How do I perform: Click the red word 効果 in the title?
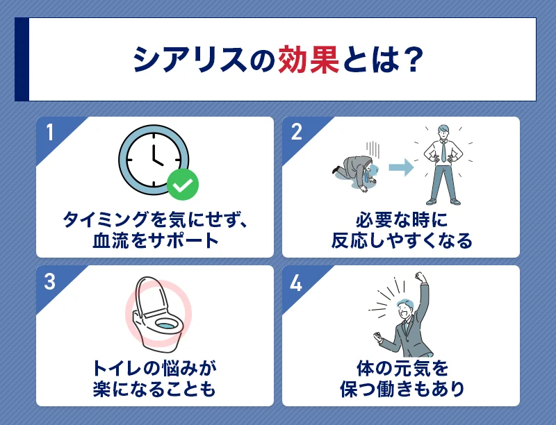point(309,60)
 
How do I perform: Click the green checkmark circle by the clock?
point(183,184)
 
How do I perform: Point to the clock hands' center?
point(154,160)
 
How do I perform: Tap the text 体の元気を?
point(401,368)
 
